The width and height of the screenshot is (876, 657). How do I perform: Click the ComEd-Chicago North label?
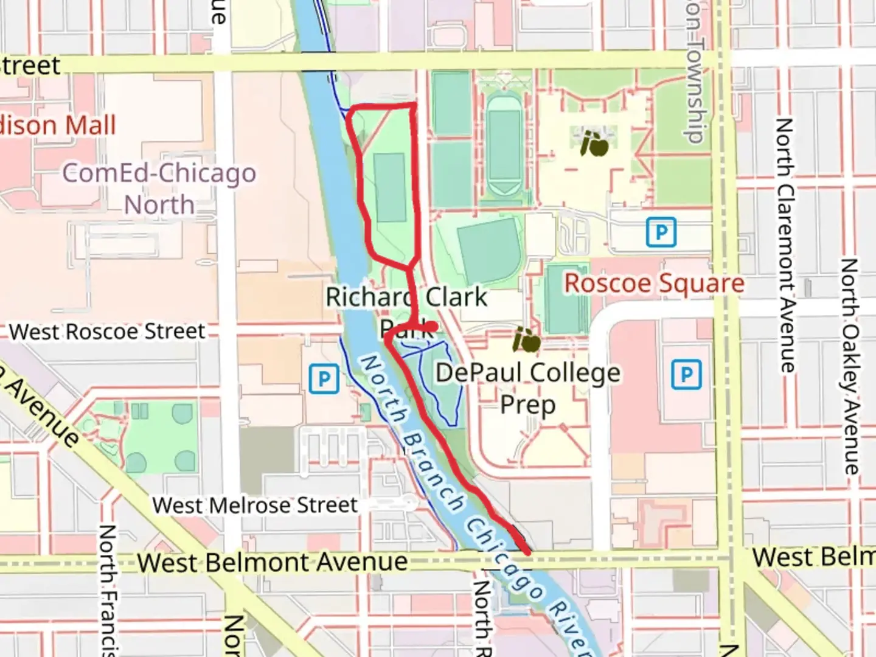[159, 189]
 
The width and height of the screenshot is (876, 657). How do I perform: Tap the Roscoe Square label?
[654, 283]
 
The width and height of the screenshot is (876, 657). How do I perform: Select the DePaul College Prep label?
[528, 388]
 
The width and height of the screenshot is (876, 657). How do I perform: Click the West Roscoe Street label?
[107, 332]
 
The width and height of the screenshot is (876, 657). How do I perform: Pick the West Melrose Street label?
[255, 505]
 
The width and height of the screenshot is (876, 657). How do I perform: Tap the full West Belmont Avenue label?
[272, 562]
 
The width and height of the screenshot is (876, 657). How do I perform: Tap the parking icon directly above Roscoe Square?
[661, 232]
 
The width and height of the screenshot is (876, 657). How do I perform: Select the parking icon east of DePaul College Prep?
[686, 374]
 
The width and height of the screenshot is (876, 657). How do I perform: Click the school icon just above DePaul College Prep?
[526, 340]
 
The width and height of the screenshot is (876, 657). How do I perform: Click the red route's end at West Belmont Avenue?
[526, 551]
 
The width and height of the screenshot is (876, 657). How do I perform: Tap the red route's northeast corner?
[415, 106]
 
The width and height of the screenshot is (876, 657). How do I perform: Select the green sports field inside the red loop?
[390, 187]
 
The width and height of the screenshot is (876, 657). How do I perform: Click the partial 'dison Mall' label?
[58, 125]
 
